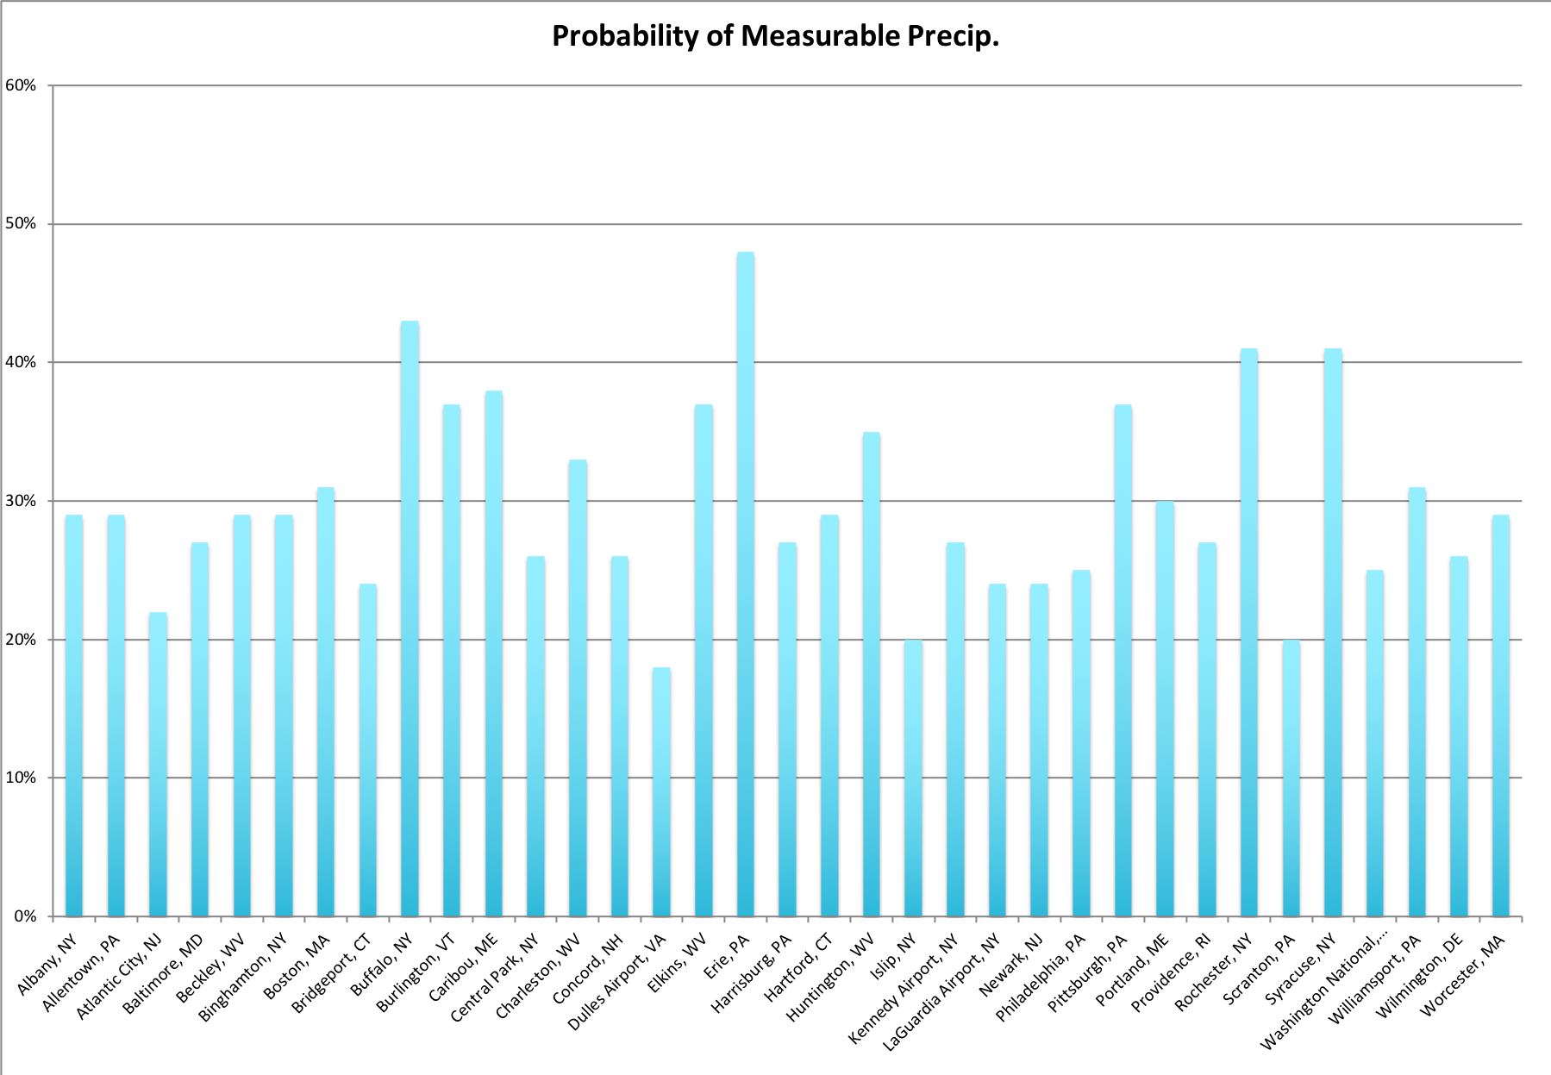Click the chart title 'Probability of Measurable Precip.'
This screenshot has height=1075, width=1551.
[x=775, y=36]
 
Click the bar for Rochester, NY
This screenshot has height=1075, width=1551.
[x=1248, y=633]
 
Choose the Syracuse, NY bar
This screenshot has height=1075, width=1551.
[x=1333, y=633]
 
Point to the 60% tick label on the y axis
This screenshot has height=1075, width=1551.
[x=21, y=85]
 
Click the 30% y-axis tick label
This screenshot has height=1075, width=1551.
[x=21, y=501]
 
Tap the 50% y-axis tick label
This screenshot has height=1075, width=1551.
[x=21, y=224]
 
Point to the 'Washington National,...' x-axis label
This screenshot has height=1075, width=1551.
[x=1324, y=988]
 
